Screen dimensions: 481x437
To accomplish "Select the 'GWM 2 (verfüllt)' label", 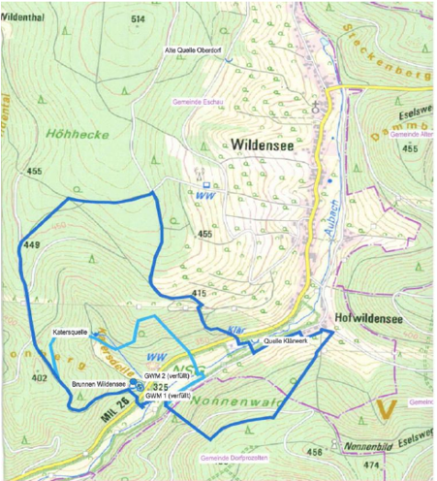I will [166, 375].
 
